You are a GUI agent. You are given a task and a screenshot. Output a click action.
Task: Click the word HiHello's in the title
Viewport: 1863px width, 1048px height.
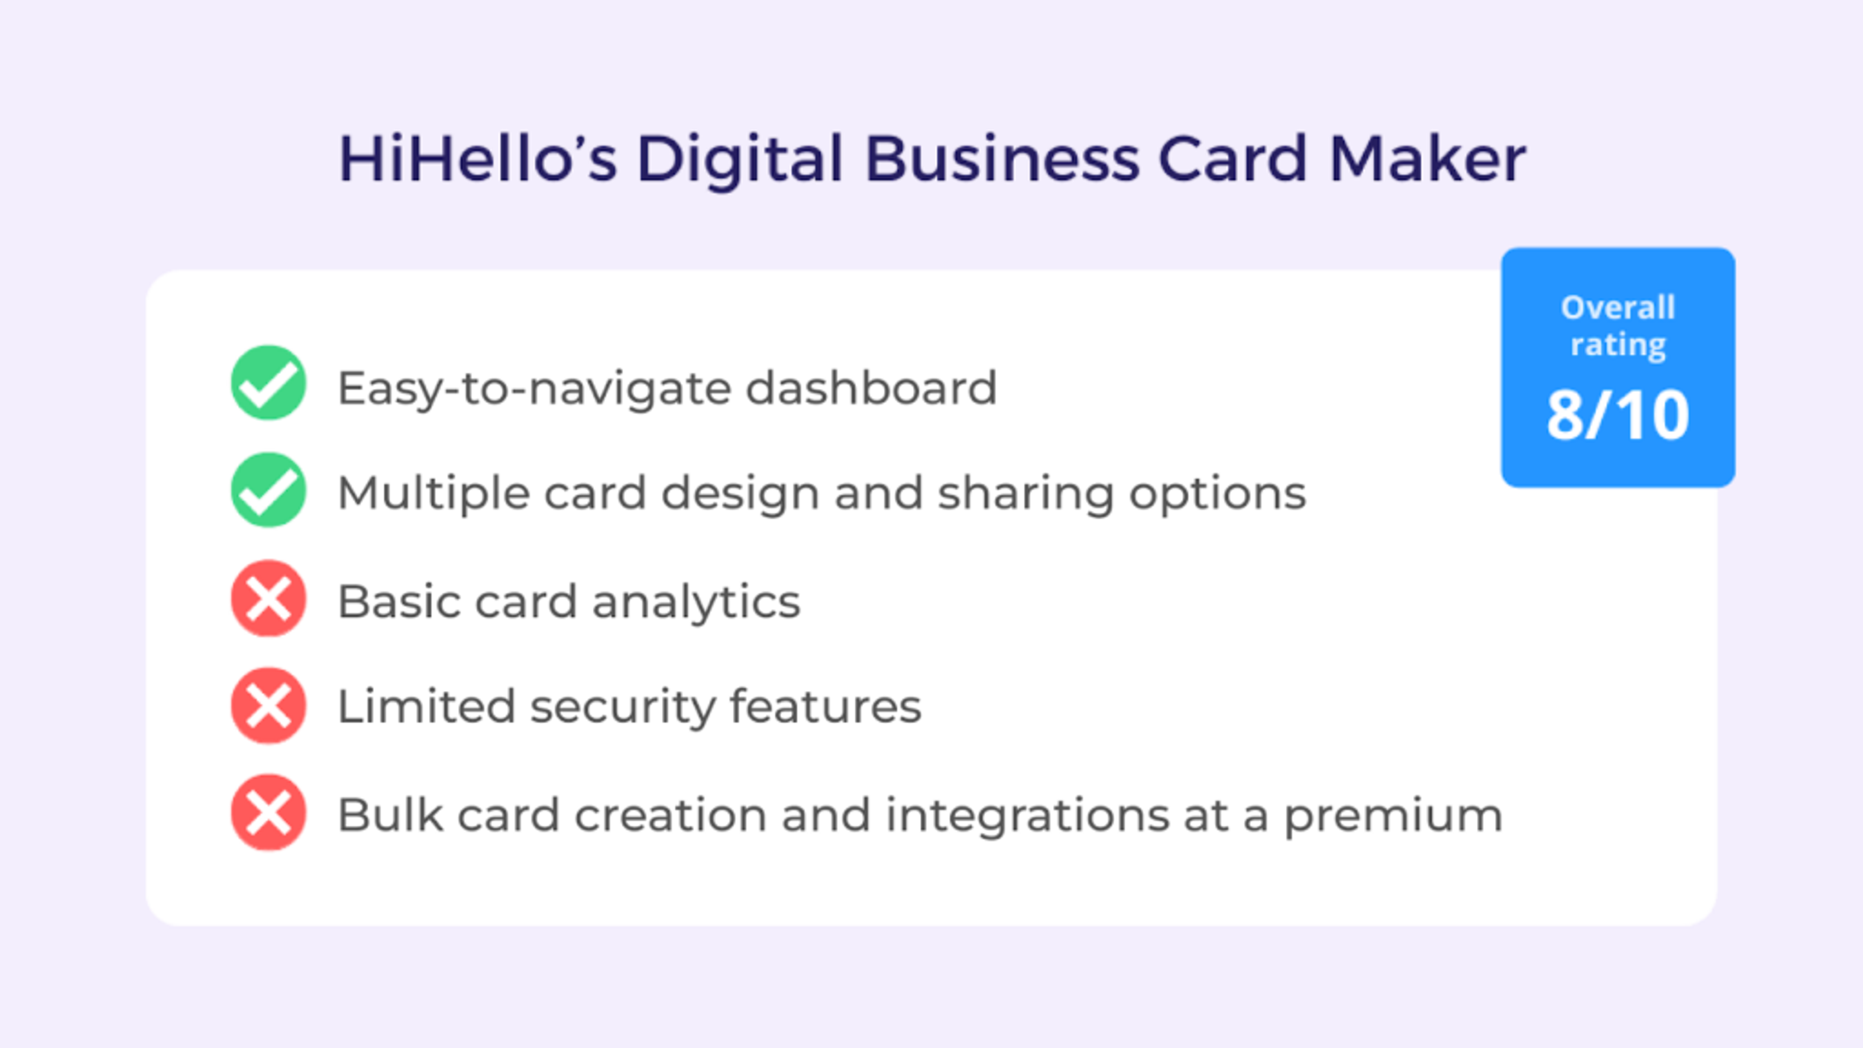tap(477, 159)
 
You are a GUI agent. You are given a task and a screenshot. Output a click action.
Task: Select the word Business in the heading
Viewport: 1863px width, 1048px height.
tap(1002, 159)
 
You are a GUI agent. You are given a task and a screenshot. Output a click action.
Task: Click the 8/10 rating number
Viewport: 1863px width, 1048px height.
tap(1618, 415)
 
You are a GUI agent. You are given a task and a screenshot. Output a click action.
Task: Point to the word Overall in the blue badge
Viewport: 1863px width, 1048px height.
tap(1618, 308)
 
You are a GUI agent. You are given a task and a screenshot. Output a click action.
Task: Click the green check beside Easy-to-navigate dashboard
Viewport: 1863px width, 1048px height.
tap(268, 383)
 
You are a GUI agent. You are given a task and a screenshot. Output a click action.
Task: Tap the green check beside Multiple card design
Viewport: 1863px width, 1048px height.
tap(268, 490)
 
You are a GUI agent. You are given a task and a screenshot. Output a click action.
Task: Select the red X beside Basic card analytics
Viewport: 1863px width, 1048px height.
tap(268, 598)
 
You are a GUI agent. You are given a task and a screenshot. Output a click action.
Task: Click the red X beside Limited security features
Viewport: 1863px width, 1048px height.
tap(268, 705)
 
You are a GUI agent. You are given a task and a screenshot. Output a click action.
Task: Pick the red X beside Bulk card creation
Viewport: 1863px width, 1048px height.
tap(268, 812)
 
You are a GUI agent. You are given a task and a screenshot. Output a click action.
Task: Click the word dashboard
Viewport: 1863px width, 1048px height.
tap(871, 388)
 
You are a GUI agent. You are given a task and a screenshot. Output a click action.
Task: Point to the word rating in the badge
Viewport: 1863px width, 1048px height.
tap(1618, 344)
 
